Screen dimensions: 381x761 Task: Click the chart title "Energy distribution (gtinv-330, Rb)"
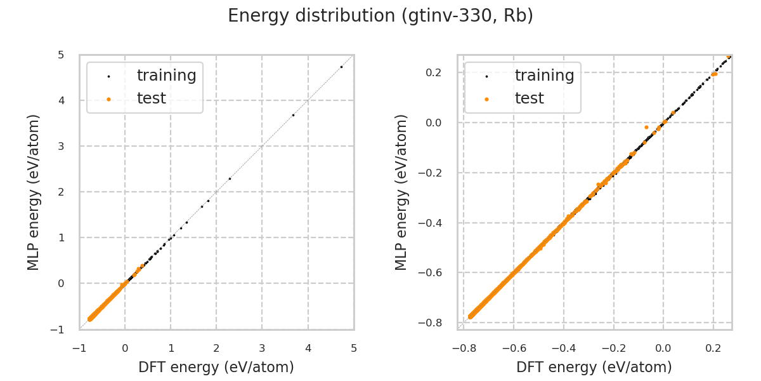coord(380,16)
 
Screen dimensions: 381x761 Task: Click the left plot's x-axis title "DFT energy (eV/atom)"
coord(216,367)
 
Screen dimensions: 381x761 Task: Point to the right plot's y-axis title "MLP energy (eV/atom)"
coord(401,192)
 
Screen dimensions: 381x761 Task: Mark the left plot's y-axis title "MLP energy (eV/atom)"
coord(34,192)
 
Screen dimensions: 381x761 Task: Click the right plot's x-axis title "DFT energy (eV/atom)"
coord(594,367)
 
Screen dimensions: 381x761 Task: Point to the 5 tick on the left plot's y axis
coord(61,55)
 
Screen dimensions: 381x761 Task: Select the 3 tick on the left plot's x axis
coord(262,349)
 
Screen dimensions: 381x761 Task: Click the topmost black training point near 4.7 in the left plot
coord(341,67)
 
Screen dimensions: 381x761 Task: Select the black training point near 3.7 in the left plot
coord(293,115)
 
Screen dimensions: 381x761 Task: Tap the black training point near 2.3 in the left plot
coord(230,178)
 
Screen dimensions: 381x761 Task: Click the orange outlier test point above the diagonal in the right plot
coord(646,127)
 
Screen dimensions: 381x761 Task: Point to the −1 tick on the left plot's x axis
coord(79,349)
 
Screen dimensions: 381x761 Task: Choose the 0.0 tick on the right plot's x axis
coord(663,349)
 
